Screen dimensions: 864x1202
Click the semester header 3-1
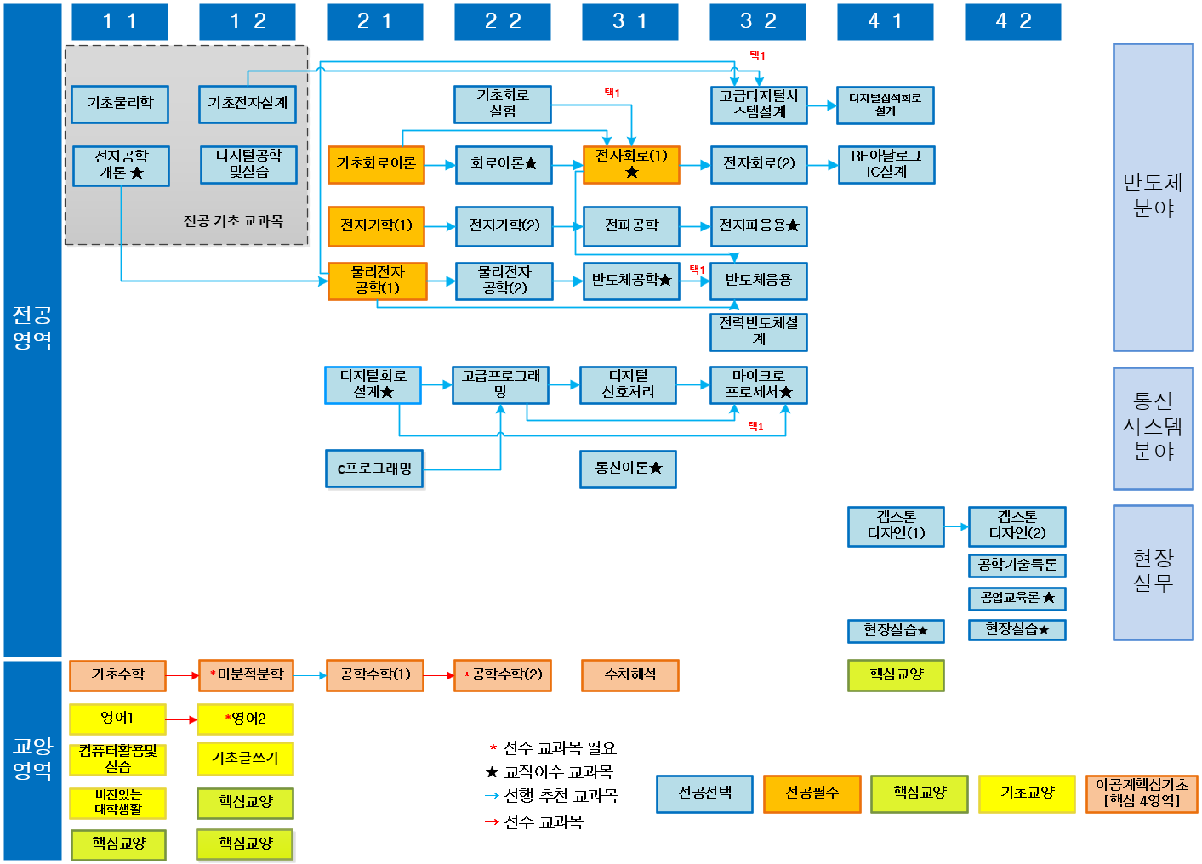[629, 21]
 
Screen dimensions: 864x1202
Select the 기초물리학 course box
[120, 104]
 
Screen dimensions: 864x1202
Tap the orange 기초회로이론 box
[376, 164]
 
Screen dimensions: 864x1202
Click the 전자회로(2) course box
[759, 164]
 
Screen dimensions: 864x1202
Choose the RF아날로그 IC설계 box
[886, 164]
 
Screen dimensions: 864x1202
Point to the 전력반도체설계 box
[759, 332]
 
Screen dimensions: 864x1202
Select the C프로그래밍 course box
[374, 469]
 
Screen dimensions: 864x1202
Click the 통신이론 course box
[628, 469]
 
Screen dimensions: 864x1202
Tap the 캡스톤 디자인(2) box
[1017, 526]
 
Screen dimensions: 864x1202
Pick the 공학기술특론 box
[1017, 565]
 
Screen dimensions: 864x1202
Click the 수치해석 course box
[629, 675]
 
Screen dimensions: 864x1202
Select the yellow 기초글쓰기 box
[245, 759]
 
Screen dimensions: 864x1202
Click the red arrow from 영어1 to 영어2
[181, 719]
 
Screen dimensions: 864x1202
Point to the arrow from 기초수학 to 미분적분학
[182, 675]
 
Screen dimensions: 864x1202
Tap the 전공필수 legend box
[812, 793]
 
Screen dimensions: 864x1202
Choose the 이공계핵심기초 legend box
[1142, 793]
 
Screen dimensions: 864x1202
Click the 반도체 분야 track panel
[1153, 196]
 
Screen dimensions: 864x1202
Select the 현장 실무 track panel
[1153, 571]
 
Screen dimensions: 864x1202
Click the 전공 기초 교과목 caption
[233, 221]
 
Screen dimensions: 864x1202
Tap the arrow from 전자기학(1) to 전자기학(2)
[440, 226]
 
